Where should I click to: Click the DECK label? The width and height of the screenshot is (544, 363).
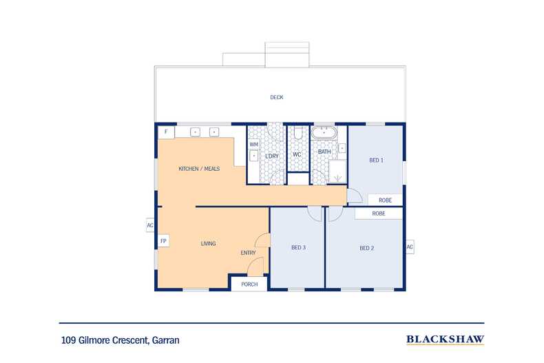click(277, 98)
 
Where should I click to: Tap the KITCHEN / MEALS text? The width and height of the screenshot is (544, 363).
click(199, 169)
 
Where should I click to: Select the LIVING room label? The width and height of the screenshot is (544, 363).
click(208, 244)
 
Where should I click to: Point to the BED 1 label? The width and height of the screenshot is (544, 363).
click(376, 160)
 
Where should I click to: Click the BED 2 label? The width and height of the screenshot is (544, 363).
click(367, 248)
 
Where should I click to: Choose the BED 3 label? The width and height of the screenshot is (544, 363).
click(298, 247)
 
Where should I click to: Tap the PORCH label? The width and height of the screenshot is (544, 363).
click(249, 284)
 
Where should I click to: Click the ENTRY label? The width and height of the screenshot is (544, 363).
click(248, 253)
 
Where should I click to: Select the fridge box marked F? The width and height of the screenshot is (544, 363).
click(166, 132)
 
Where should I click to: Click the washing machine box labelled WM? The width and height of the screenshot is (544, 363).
click(254, 144)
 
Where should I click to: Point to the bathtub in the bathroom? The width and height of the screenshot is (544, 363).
click(324, 133)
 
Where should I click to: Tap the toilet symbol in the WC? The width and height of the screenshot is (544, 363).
click(298, 133)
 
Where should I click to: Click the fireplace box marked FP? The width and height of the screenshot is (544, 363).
click(163, 241)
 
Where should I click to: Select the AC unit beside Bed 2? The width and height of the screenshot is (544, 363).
click(410, 247)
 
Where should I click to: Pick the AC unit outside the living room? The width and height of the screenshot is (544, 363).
click(150, 225)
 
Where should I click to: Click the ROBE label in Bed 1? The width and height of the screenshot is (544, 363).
click(385, 200)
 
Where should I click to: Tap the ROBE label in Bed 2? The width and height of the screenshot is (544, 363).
click(379, 214)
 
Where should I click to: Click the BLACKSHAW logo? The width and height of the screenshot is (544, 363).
click(445, 340)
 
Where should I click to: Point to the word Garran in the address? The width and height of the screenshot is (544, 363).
click(166, 340)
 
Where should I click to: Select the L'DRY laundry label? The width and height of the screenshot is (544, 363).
click(272, 156)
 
